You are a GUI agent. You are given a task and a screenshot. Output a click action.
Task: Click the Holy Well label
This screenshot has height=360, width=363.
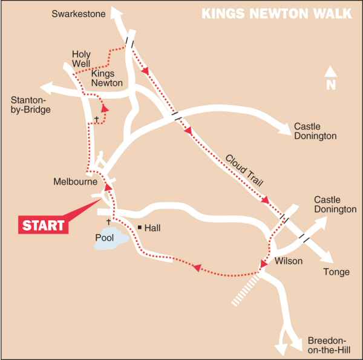pos(80,59)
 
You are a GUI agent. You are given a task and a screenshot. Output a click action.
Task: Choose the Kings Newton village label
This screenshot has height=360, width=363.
pos(107,78)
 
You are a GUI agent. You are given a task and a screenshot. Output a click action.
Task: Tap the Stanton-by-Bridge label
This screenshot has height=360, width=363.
pos(30,104)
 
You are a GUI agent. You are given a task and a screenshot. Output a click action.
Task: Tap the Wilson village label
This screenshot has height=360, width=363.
pos(287,261)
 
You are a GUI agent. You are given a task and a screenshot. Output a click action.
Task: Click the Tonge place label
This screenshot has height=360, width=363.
pos(337,272)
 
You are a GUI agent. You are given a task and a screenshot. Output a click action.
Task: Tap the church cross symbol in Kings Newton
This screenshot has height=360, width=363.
pos(96,119)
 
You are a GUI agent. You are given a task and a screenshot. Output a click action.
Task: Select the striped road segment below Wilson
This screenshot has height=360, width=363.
pos(246,289)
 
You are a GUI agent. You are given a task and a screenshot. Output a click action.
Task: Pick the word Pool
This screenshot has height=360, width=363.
pos(105,238)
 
